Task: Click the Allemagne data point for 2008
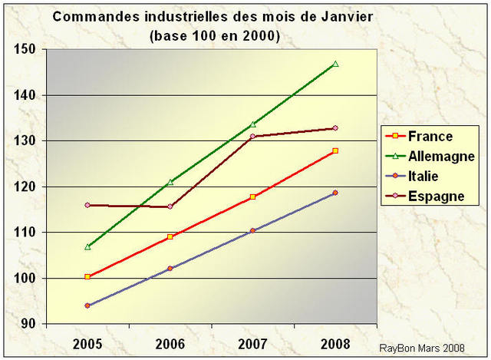coord(335,64)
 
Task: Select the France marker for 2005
coord(87,276)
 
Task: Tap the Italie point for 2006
coord(170,269)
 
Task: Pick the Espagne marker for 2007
coord(252,137)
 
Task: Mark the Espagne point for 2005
coord(87,205)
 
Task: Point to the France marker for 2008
coord(335,150)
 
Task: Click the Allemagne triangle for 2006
coord(170,182)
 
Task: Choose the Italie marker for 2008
coord(335,193)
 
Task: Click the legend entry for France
coord(430,137)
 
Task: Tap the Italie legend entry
coord(425,177)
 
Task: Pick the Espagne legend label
coord(436,196)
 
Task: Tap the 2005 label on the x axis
coord(87,343)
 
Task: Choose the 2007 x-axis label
coord(252,343)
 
